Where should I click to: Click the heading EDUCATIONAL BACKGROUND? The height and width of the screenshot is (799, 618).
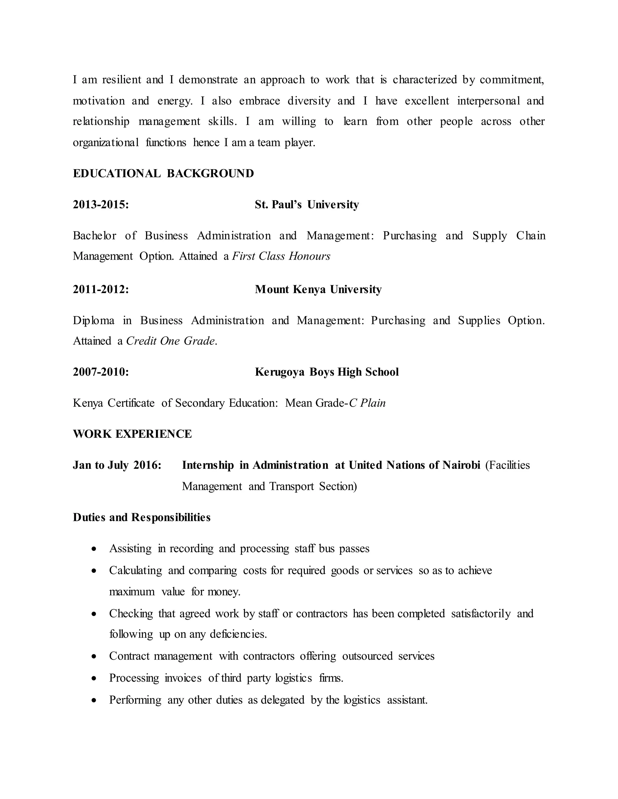(x=163, y=173)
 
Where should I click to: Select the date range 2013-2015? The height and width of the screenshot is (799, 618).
(x=101, y=204)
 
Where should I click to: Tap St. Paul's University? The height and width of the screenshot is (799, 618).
(x=307, y=204)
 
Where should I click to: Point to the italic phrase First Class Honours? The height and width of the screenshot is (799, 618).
(x=281, y=256)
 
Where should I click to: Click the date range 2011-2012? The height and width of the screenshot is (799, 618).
(x=101, y=289)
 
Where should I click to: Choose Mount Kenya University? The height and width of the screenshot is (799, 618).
(x=318, y=289)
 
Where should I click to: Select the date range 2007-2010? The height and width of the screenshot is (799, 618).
(x=101, y=372)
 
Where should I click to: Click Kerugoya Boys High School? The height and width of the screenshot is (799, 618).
(x=327, y=372)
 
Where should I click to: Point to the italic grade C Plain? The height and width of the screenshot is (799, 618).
(x=367, y=403)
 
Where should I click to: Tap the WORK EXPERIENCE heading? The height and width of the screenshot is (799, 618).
(x=132, y=434)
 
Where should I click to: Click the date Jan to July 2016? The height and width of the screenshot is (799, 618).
(x=117, y=465)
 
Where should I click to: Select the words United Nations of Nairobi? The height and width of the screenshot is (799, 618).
(x=414, y=465)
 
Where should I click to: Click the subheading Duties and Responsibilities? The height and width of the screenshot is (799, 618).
(x=142, y=517)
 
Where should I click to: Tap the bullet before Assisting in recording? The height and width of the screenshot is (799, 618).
(x=94, y=549)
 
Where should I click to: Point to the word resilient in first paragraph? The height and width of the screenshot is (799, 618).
(x=122, y=80)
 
